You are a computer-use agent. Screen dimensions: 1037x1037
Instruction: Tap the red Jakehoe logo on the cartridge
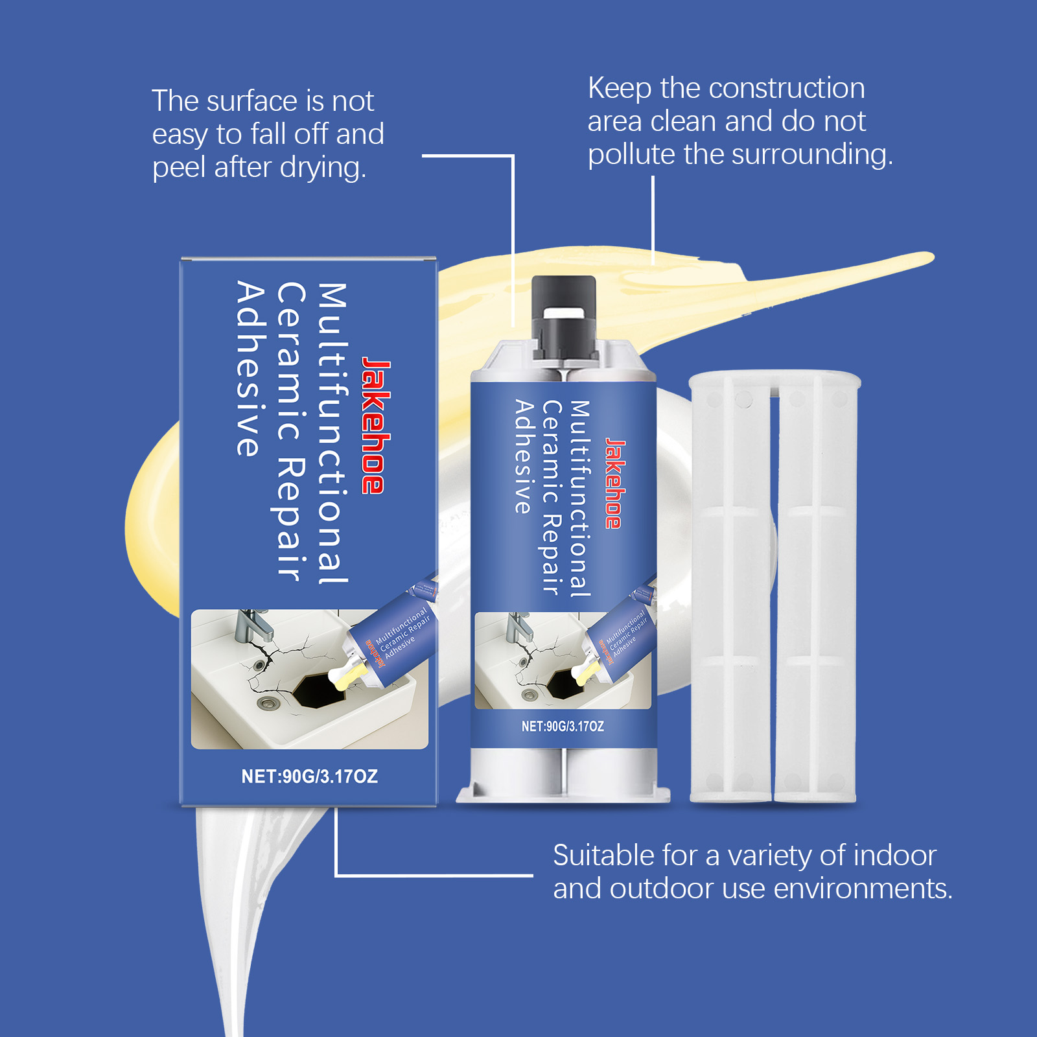click(x=614, y=484)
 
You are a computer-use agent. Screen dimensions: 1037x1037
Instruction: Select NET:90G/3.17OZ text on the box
click(x=309, y=776)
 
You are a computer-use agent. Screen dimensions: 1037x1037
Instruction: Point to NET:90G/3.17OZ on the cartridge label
click(x=563, y=727)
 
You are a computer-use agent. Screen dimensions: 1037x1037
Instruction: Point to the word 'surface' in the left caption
click(x=252, y=101)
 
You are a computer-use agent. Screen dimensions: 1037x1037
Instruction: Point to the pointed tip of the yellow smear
click(x=929, y=257)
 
